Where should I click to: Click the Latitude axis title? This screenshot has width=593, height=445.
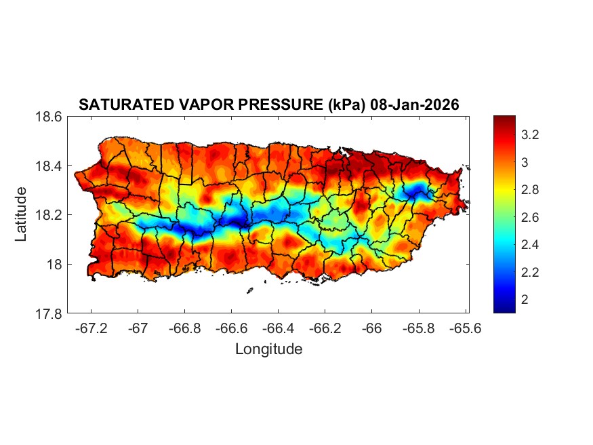[22, 214]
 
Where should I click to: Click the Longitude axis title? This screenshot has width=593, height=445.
[268, 349]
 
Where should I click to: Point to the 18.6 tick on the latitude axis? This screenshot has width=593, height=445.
[49, 117]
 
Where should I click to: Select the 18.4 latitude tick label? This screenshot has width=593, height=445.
[49, 166]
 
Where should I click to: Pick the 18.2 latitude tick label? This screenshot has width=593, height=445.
[49, 215]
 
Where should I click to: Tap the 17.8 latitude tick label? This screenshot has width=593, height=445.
[49, 313]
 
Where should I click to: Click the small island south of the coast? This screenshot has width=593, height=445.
[249, 291]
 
